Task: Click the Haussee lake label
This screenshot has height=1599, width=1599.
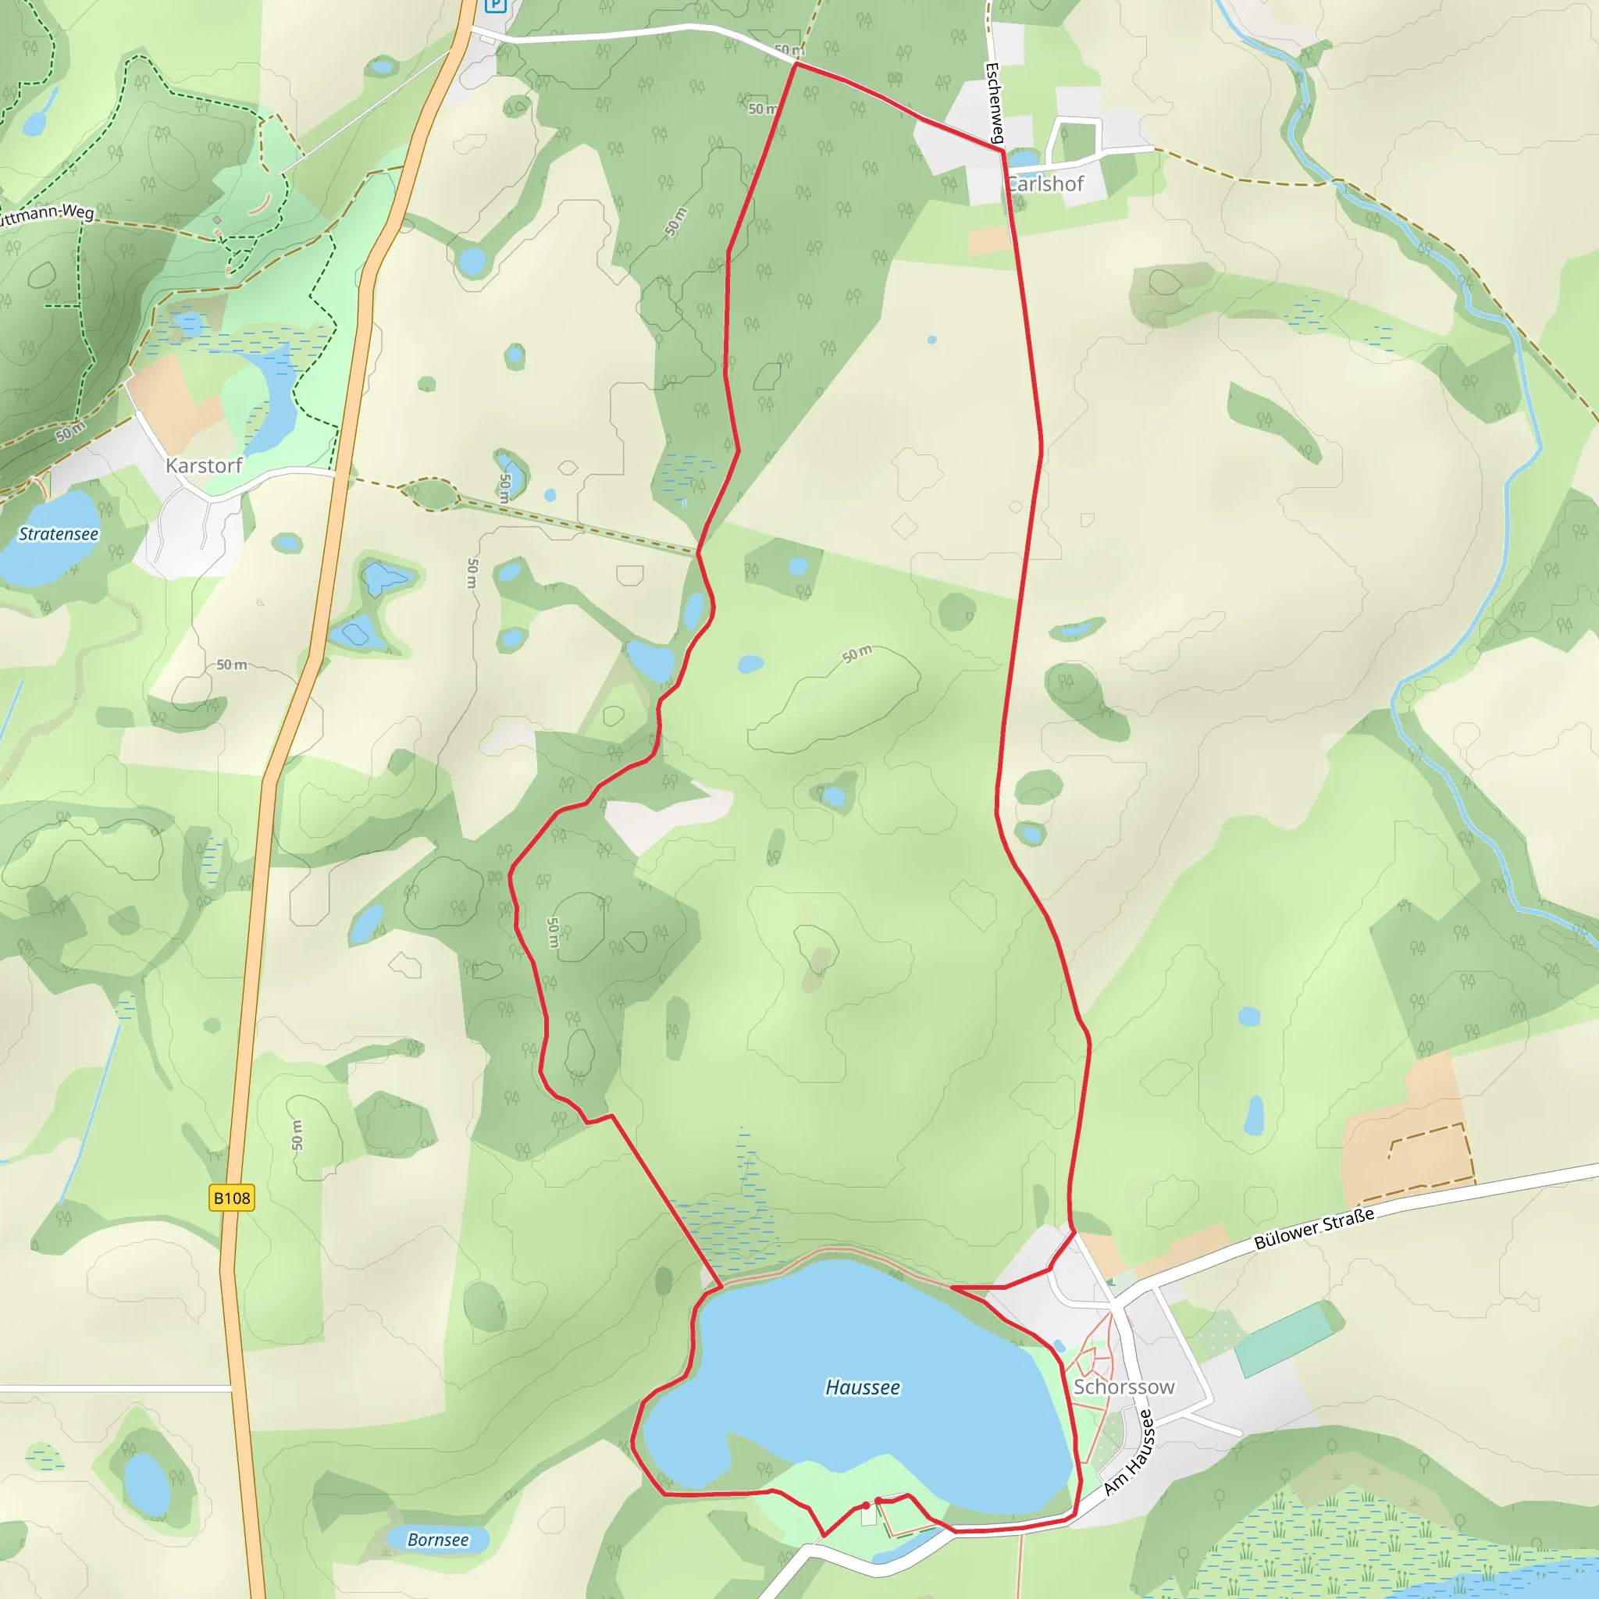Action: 863,1388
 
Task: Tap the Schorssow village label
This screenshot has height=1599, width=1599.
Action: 1123,1387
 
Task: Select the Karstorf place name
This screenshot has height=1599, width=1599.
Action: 204,466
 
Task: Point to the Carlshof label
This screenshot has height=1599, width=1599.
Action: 1046,184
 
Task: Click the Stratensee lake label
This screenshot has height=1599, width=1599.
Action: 59,535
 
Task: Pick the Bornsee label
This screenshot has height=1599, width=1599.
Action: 438,1540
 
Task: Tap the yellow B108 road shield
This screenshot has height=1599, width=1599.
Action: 232,1198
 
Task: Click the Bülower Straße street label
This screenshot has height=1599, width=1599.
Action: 1314,1228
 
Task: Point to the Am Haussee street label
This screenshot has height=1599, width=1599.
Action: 1129,1452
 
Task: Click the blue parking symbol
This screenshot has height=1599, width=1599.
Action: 495,5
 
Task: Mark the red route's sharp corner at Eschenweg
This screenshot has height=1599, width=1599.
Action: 1002,150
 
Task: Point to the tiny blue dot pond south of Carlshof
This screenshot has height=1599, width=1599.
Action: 932,340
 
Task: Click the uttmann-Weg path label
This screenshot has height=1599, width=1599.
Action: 45,215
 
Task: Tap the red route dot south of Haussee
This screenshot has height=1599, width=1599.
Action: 866,1505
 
